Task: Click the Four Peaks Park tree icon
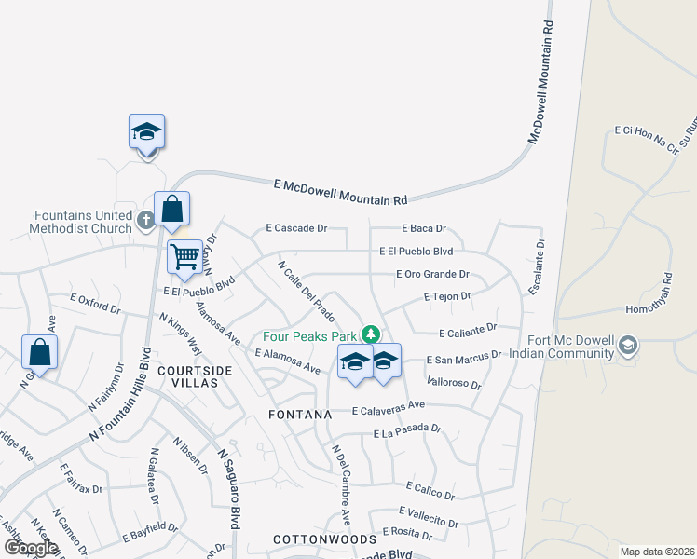[x=371, y=334]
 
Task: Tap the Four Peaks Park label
[x=309, y=335]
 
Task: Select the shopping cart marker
[x=184, y=257]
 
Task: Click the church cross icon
[x=144, y=221]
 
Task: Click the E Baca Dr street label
[x=424, y=227]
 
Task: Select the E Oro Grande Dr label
[x=431, y=274]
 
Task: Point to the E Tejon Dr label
[x=446, y=296]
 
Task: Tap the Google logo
[x=30, y=547]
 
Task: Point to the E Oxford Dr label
[x=96, y=303]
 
